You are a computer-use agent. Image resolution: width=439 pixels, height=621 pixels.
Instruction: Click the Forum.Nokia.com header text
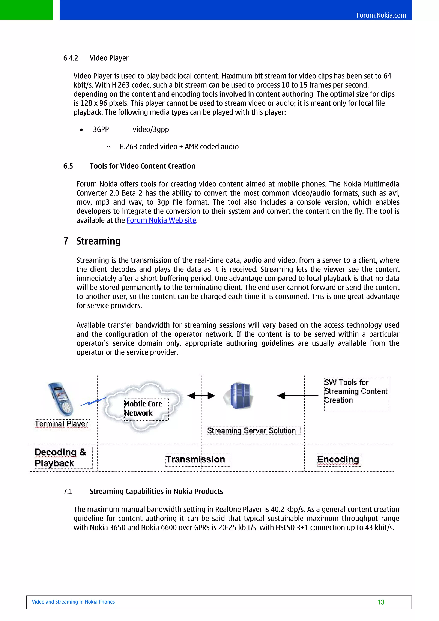point(381,15)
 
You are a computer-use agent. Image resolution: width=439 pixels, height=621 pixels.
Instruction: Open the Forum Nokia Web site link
point(161,220)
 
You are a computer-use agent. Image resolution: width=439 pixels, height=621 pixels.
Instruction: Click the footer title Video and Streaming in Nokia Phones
point(73,602)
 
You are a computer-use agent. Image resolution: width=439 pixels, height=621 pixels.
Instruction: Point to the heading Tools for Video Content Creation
point(142,166)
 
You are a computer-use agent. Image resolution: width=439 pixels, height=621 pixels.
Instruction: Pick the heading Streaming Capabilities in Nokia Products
point(156,491)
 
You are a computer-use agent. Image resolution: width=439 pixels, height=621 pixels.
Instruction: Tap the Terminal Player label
point(62,424)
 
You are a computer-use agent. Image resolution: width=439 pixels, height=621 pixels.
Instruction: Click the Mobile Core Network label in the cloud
point(143,408)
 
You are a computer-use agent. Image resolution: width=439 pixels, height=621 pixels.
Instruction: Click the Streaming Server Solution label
point(251,430)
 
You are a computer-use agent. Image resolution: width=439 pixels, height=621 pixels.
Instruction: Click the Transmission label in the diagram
point(195,459)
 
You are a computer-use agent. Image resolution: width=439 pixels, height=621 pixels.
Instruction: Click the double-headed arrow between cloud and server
point(201,396)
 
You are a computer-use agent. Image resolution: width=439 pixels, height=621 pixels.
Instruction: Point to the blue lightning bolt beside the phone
point(93,401)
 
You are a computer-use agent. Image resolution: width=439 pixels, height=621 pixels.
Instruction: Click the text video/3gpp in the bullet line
point(151,130)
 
